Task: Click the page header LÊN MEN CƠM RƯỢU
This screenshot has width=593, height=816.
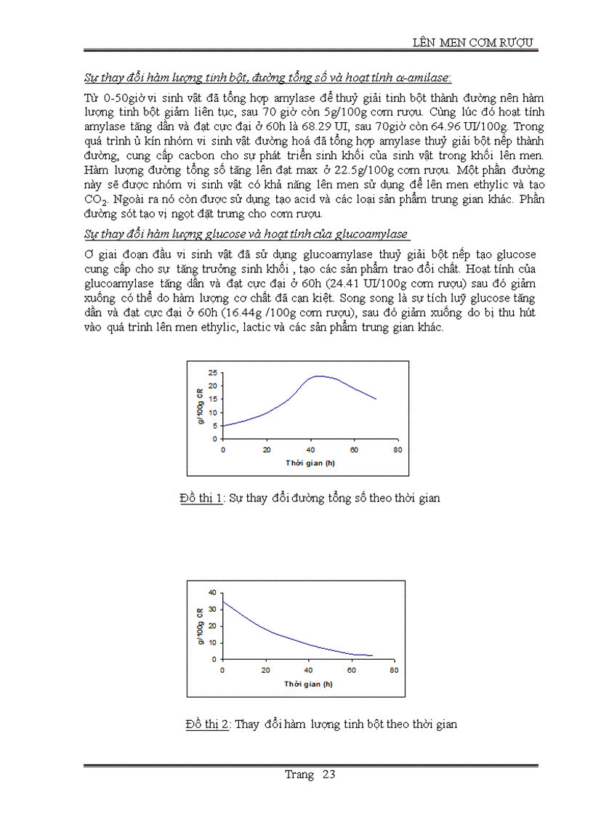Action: [x=473, y=42]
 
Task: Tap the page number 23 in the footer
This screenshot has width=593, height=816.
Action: [x=328, y=774]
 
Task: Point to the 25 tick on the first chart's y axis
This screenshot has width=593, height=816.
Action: [x=213, y=373]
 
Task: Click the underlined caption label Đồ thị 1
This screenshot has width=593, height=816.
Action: [x=201, y=498]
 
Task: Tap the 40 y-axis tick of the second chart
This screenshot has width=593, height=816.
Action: [x=212, y=592]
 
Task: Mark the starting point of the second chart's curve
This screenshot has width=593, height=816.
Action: [x=222, y=601]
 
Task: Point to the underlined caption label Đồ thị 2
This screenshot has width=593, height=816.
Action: [x=208, y=724]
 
